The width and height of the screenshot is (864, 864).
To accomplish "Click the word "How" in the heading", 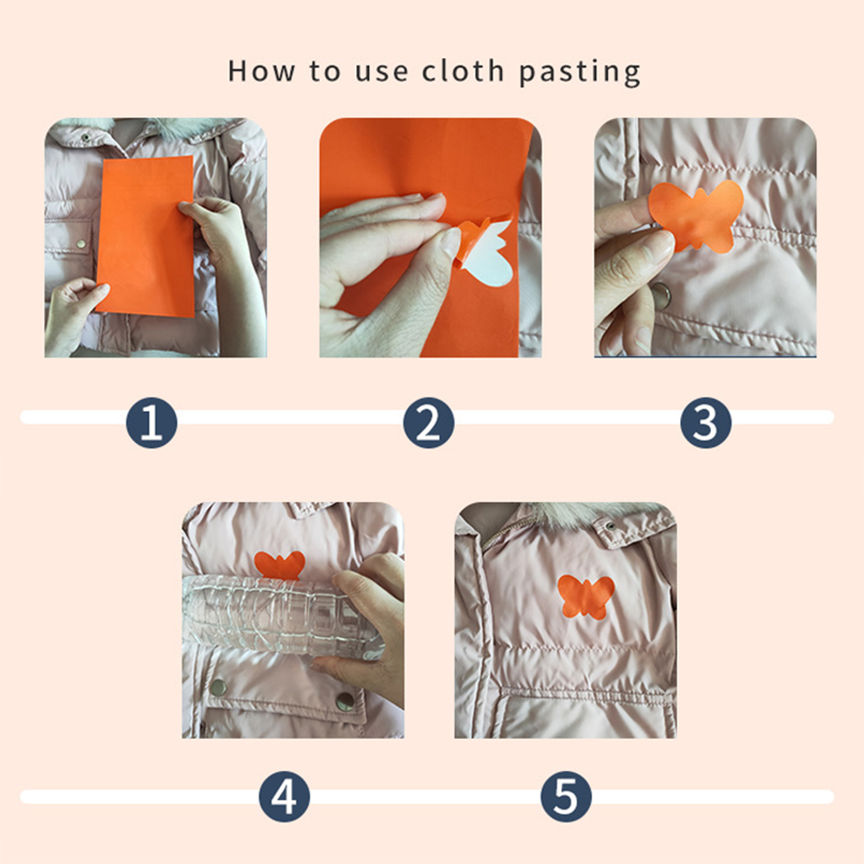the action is point(262,71).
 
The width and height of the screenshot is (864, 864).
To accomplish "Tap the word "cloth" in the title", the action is point(463,71).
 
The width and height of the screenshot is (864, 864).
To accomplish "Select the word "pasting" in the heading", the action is point(580,73).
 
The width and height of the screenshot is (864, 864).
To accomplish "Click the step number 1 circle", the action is point(152,423).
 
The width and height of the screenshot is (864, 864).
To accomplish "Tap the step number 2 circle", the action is point(429,423).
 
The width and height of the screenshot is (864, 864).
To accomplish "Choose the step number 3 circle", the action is point(706,423).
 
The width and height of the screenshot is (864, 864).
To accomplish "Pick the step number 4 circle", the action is point(284,796).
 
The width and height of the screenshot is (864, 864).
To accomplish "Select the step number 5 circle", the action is point(566,796).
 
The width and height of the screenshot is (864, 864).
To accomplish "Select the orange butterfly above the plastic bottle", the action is point(279,564).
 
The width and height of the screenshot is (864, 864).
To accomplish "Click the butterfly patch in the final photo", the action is point(586,597).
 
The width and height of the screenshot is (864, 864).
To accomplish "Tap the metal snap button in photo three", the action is point(661,295).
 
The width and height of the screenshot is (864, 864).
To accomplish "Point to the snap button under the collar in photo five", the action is point(611,526).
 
